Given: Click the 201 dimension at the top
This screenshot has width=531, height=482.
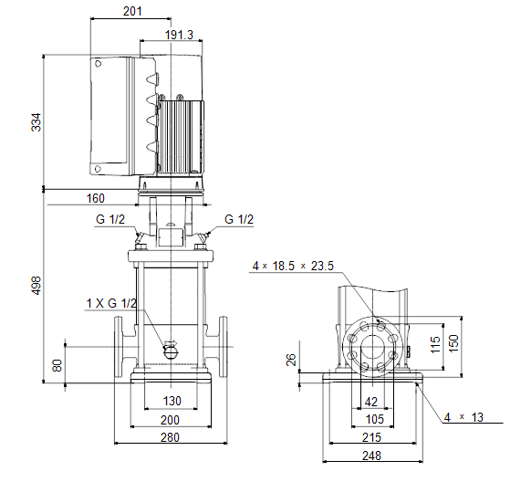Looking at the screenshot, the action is pyautogui.click(x=132, y=11).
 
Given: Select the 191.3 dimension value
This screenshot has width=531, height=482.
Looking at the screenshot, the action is pyautogui.click(x=179, y=35).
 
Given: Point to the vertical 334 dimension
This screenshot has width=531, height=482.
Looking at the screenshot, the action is pyautogui.click(x=36, y=122).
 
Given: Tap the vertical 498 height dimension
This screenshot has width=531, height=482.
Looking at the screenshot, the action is pyautogui.click(x=36, y=285).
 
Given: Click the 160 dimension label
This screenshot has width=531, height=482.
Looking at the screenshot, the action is pyautogui.click(x=96, y=198).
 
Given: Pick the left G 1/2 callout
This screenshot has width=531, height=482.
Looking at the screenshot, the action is pyautogui.click(x=110, y=219).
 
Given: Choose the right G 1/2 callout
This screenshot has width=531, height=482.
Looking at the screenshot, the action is pyautogui.click(x=239, y=219).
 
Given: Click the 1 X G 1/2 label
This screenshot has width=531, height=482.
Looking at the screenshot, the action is pyautogui.click(x=111, y=303).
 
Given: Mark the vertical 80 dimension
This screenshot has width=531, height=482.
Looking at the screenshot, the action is pyautogui.click(x=57, y=365).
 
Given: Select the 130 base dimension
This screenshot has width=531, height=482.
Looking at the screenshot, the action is pyautogui.click(x=172, y=401).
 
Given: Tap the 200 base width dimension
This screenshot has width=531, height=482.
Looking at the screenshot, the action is pyautogui.click(x=170, y=420).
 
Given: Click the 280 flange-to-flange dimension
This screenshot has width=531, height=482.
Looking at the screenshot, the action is pyautogui.click(x=170, y=437).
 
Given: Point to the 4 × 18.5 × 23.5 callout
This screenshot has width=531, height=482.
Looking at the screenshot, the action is pyautogui.click(x=293, y=266).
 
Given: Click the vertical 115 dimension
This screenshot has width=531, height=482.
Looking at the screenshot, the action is pyautogui.click(x=435, y=344).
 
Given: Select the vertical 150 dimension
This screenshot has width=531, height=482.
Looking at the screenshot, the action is pyautogui.click(x=453, y=343).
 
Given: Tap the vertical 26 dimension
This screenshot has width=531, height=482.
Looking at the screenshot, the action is pyautogui.click(x=291, y=360).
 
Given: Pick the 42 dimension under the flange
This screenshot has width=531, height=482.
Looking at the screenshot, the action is pyautogui.click(x=371, y=402).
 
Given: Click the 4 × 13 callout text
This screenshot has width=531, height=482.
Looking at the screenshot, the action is pyautogui.click(x=463, y=417).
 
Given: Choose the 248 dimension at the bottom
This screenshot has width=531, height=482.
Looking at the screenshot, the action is pyautogui.click(x=372, y=456).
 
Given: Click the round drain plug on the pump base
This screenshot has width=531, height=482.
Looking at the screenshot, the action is pyautogui.click(x=171, y=352).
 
